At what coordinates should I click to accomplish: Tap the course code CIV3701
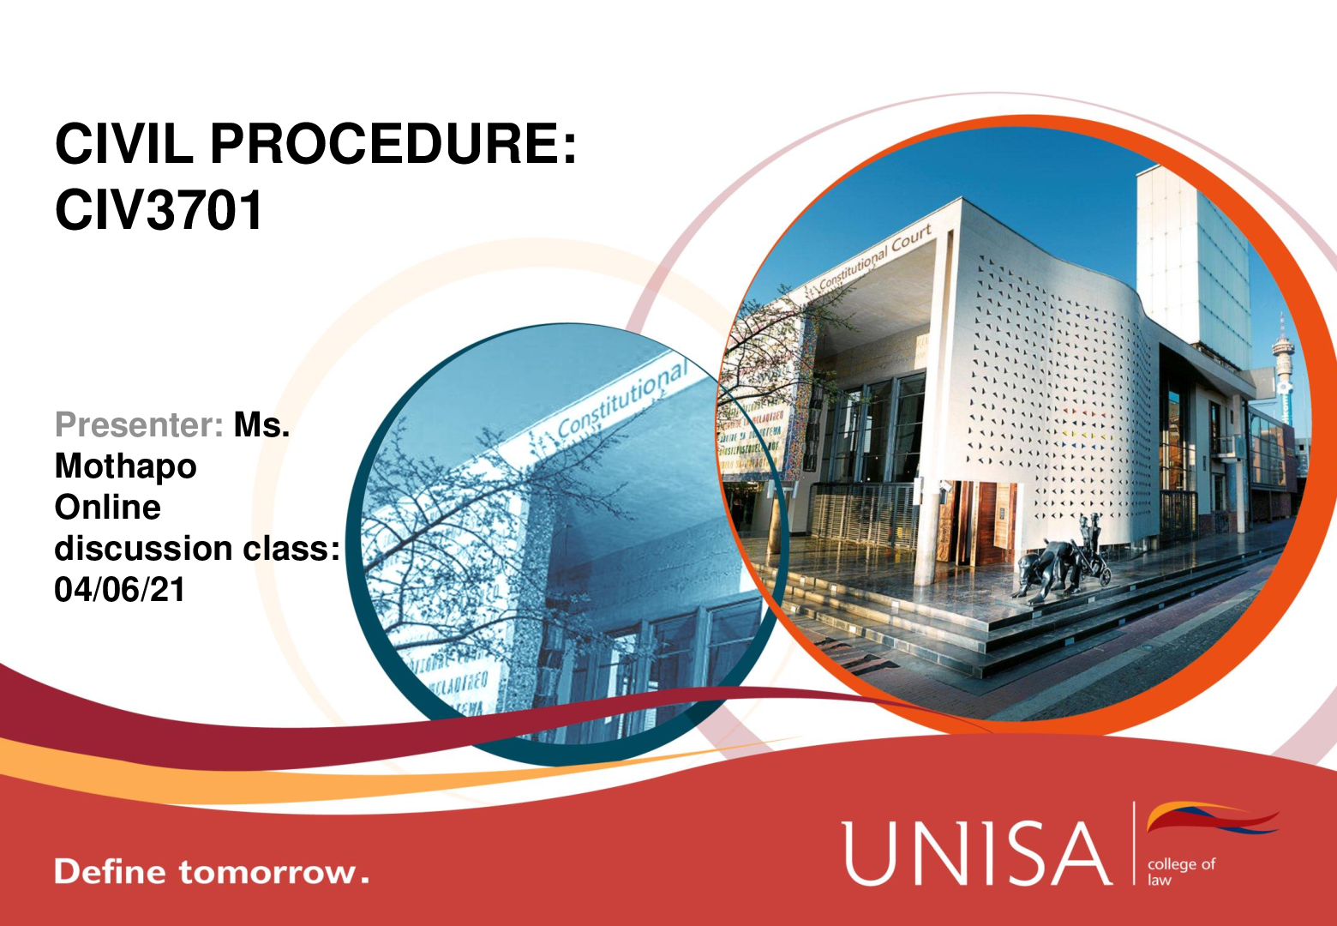(159, 209)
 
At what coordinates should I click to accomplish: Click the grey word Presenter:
(139, 424)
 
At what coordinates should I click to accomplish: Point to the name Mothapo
(125, 466)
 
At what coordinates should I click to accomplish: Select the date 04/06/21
(119, 589)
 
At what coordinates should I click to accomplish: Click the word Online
(108, 508)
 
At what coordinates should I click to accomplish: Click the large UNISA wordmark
(976, 854)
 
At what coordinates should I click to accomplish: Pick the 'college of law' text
(1181, 872)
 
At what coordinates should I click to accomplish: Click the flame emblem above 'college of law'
(1213, 818)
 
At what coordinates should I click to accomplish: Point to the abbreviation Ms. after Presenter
(261, 424)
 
